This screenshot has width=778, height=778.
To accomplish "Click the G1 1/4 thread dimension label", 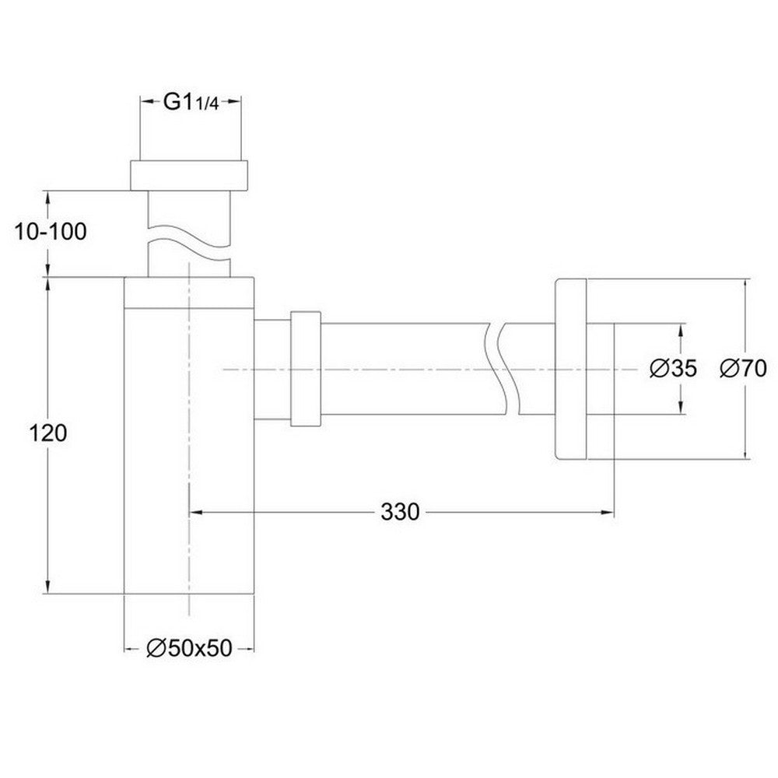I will point(191,103).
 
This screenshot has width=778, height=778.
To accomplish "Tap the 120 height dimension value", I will point(48,433).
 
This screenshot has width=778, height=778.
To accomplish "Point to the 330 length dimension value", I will point(401,512).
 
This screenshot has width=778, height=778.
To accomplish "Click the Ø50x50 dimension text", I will point(191,648).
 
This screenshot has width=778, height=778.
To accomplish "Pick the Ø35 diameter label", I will point(674,369).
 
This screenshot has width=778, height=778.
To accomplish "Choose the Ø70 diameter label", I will point(744,369).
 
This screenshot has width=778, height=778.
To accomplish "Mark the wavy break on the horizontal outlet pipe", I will point(498,369).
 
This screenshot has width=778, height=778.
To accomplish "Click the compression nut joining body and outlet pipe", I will point(305,369).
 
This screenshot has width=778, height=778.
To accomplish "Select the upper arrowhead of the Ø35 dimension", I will point(682,329).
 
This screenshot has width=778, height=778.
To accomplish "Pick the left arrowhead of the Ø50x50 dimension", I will point(131,648).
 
